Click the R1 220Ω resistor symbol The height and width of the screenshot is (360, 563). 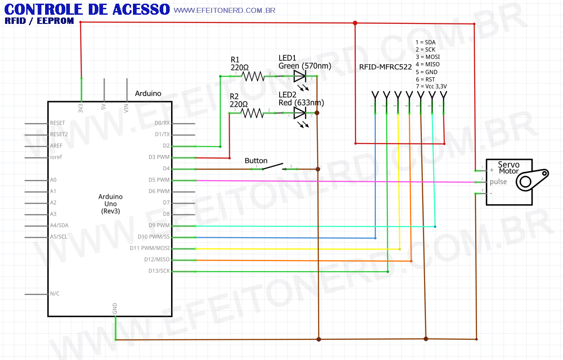pos(253,76)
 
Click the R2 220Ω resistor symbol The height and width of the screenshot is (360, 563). pos(252,113)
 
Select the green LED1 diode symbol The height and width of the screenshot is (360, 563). pos(300,76)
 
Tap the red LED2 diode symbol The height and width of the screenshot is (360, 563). pos(300,113)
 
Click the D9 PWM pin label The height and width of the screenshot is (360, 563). pos(160,226)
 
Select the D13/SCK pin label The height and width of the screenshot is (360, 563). pos(157,271)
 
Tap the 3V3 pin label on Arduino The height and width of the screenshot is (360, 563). pos(81,109)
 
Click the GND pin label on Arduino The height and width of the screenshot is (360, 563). pos(115,309)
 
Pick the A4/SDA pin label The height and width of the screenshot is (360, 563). pos(59,226)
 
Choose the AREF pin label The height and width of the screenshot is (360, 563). pos(56,146)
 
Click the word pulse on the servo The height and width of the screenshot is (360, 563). pos(498,182)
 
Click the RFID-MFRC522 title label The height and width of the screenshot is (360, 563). pos(385,67)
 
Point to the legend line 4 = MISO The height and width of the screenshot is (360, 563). pos(427,65)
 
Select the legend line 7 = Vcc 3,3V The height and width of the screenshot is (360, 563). pos(431,86)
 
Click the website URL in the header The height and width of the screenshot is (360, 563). pos(224,10)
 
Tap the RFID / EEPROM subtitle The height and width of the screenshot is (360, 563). pos(39,21)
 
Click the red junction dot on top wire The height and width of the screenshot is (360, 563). pos(355,23)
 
